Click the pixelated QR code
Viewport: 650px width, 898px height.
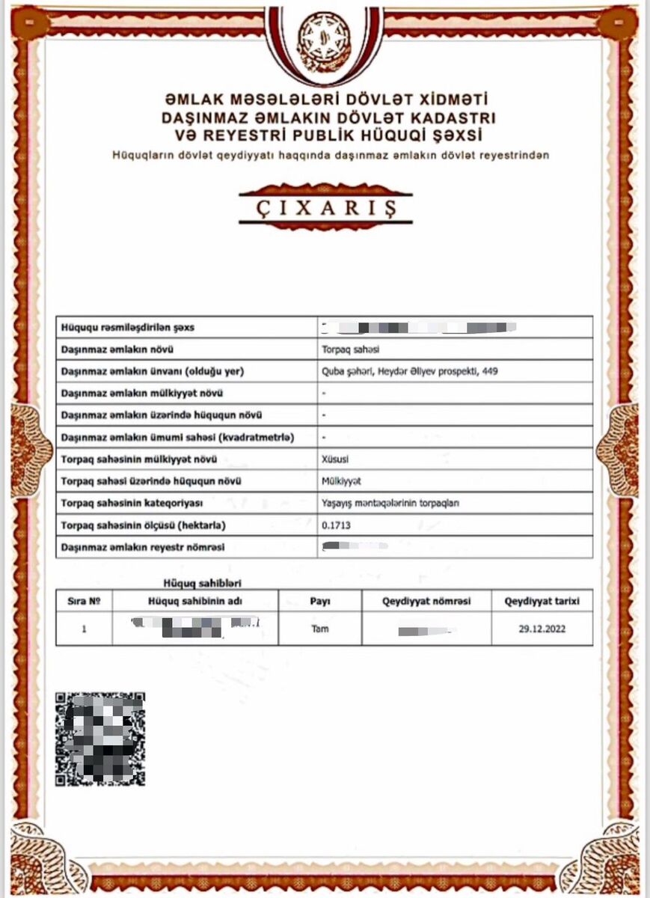pos(100,739)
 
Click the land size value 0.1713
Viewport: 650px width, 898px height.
pos(335,525)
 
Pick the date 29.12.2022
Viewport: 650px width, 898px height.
pos(542,629)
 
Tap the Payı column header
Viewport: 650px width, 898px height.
pos(320,601)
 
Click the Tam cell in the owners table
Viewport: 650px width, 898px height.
pos(320,629)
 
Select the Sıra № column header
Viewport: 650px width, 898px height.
pos(85,601)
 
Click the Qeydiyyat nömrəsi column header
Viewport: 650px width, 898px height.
pos(426,601)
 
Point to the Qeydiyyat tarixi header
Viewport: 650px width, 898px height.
pos(542,601)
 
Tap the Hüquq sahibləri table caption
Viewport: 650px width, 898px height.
pos(202,583)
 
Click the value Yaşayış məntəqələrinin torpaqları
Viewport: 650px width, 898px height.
pos(390,504)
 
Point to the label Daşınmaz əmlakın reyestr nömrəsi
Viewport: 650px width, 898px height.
pos(143,548)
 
